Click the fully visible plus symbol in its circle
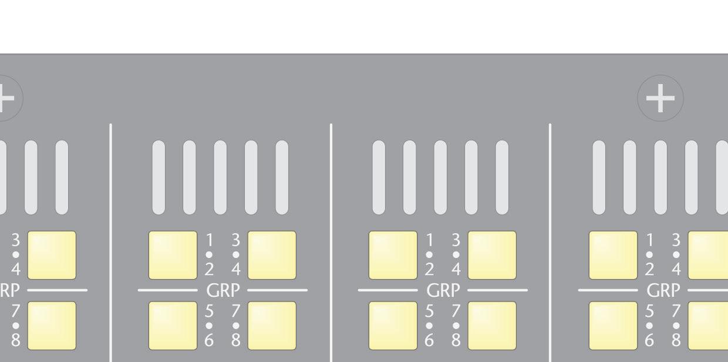tap(660, 99)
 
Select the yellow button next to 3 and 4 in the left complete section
tap(272, 255)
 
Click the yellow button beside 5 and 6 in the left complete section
tap(173, 326)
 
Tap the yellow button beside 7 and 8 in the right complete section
tap(492, 326)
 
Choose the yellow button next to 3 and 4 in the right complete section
tap(492, 255)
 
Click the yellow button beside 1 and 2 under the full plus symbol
tap(613, 255)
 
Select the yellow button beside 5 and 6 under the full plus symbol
tap(613, 326)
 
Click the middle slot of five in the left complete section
tap(220, 177)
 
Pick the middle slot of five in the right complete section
tap(440, 177)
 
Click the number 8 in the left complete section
tap(236, 340)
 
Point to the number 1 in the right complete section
tap(429, 240)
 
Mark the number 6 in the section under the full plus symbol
tap(649, 340)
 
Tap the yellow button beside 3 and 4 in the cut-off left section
tap(52, 255)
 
